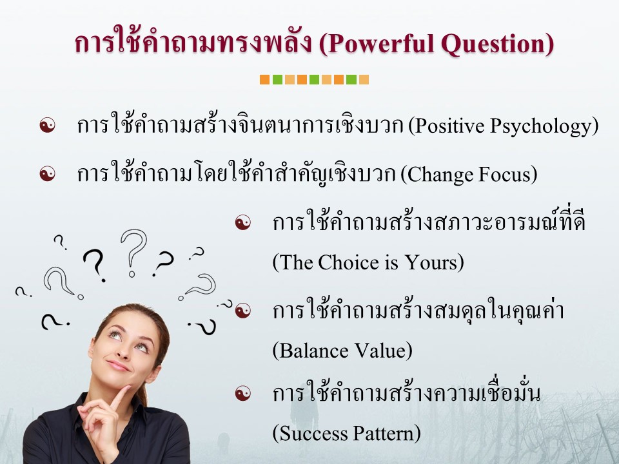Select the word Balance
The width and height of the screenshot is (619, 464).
coord(313,351)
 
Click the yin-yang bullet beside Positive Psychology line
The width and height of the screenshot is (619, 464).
coord(47,125)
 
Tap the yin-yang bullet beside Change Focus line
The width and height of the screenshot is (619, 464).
coord(47,173)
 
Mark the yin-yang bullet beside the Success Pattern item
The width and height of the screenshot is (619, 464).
coord(243,393)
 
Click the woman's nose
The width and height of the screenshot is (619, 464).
coord(123,351)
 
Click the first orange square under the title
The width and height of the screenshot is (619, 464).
coord(264,79)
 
